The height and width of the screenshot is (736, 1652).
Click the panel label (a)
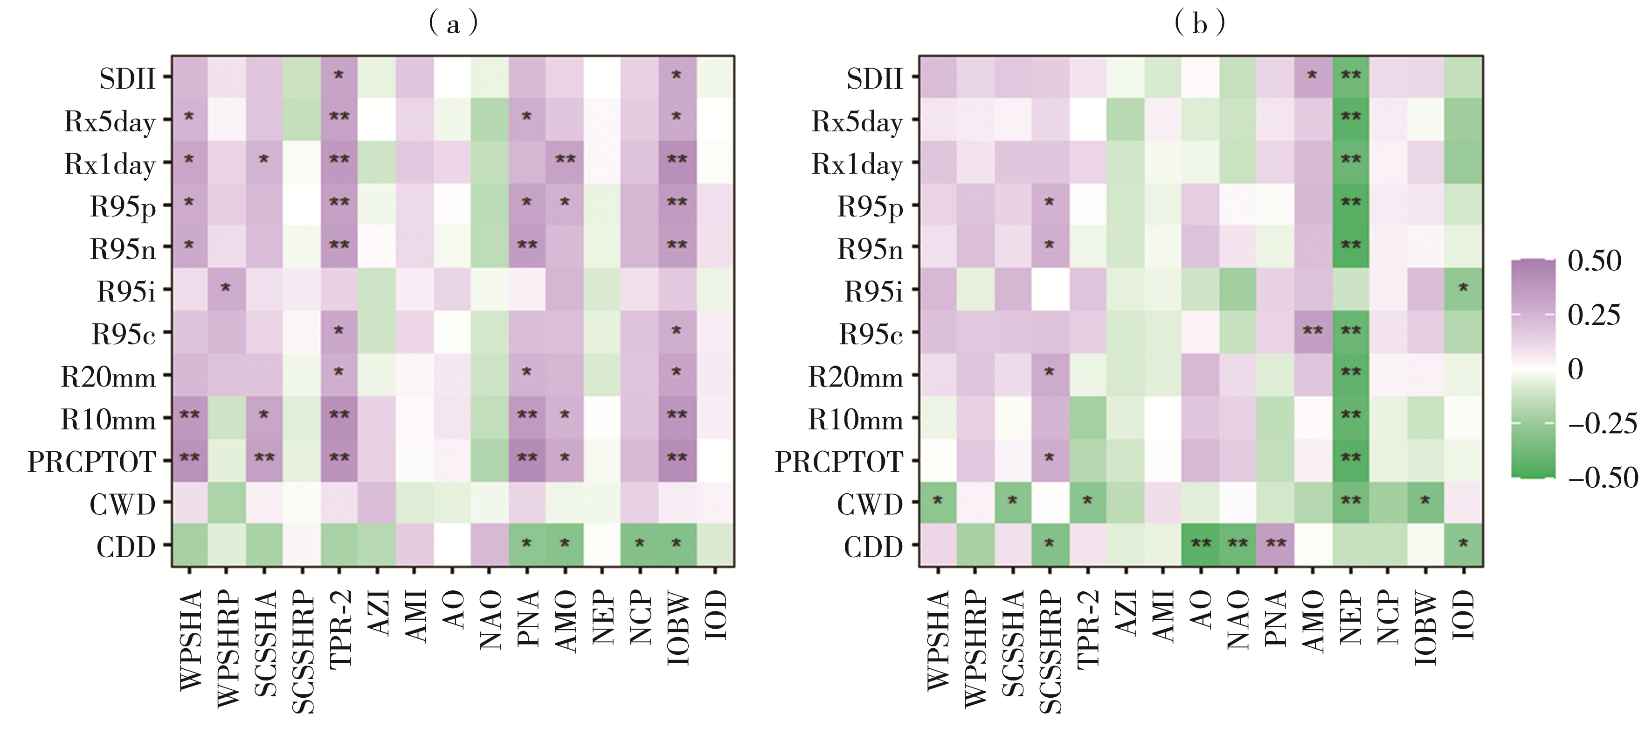pyautogui.click(x=453, y=24)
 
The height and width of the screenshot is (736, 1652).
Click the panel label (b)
pyautogui.click(x=1199, y=24)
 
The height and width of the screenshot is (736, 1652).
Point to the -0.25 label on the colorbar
pyautogui.click(x=1601, y=423)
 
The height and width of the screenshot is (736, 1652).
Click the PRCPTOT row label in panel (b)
pyautogui.click(x=839, y=462)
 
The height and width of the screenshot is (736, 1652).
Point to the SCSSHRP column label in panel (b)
pyautogui.click(x=1049, y=652)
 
